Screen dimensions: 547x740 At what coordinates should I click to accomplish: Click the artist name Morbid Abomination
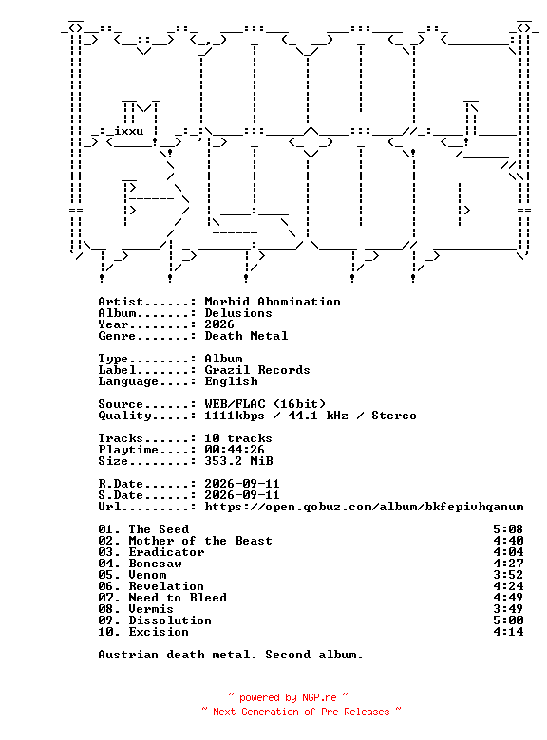point(273,302)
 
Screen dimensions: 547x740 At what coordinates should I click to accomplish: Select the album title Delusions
point(238,313)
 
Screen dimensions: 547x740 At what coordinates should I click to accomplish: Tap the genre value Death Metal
point(246,336)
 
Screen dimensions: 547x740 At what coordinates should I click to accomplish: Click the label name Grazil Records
point(257,370)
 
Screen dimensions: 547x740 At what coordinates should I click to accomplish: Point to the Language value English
point(231,381)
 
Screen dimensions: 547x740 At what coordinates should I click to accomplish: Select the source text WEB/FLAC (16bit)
point(265,404)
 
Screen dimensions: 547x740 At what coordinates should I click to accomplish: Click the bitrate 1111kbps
point(235,416)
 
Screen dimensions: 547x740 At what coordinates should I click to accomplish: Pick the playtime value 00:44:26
point(235,450)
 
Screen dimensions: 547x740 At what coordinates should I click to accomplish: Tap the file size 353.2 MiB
point(238,461)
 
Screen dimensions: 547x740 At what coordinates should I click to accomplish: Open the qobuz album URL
point(364,507)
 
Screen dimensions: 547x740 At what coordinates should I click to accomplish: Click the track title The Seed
point(159,529)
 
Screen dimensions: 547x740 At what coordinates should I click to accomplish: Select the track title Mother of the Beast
point(200,541)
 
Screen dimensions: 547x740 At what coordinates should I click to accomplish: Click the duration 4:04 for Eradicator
point(508,552)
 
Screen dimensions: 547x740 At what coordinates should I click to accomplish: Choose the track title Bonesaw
point(155,563)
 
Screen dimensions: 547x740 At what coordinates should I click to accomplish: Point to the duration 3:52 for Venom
point(508,574)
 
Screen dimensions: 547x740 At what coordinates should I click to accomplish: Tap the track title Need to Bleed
point(178,598)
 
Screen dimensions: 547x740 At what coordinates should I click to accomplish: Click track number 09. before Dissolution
point(109,620)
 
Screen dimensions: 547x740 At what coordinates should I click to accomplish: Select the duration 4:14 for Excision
point(508,632)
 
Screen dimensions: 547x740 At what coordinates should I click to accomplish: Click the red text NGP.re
point(319,697)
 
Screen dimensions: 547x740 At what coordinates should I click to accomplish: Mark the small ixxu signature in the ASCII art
point(128,131)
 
